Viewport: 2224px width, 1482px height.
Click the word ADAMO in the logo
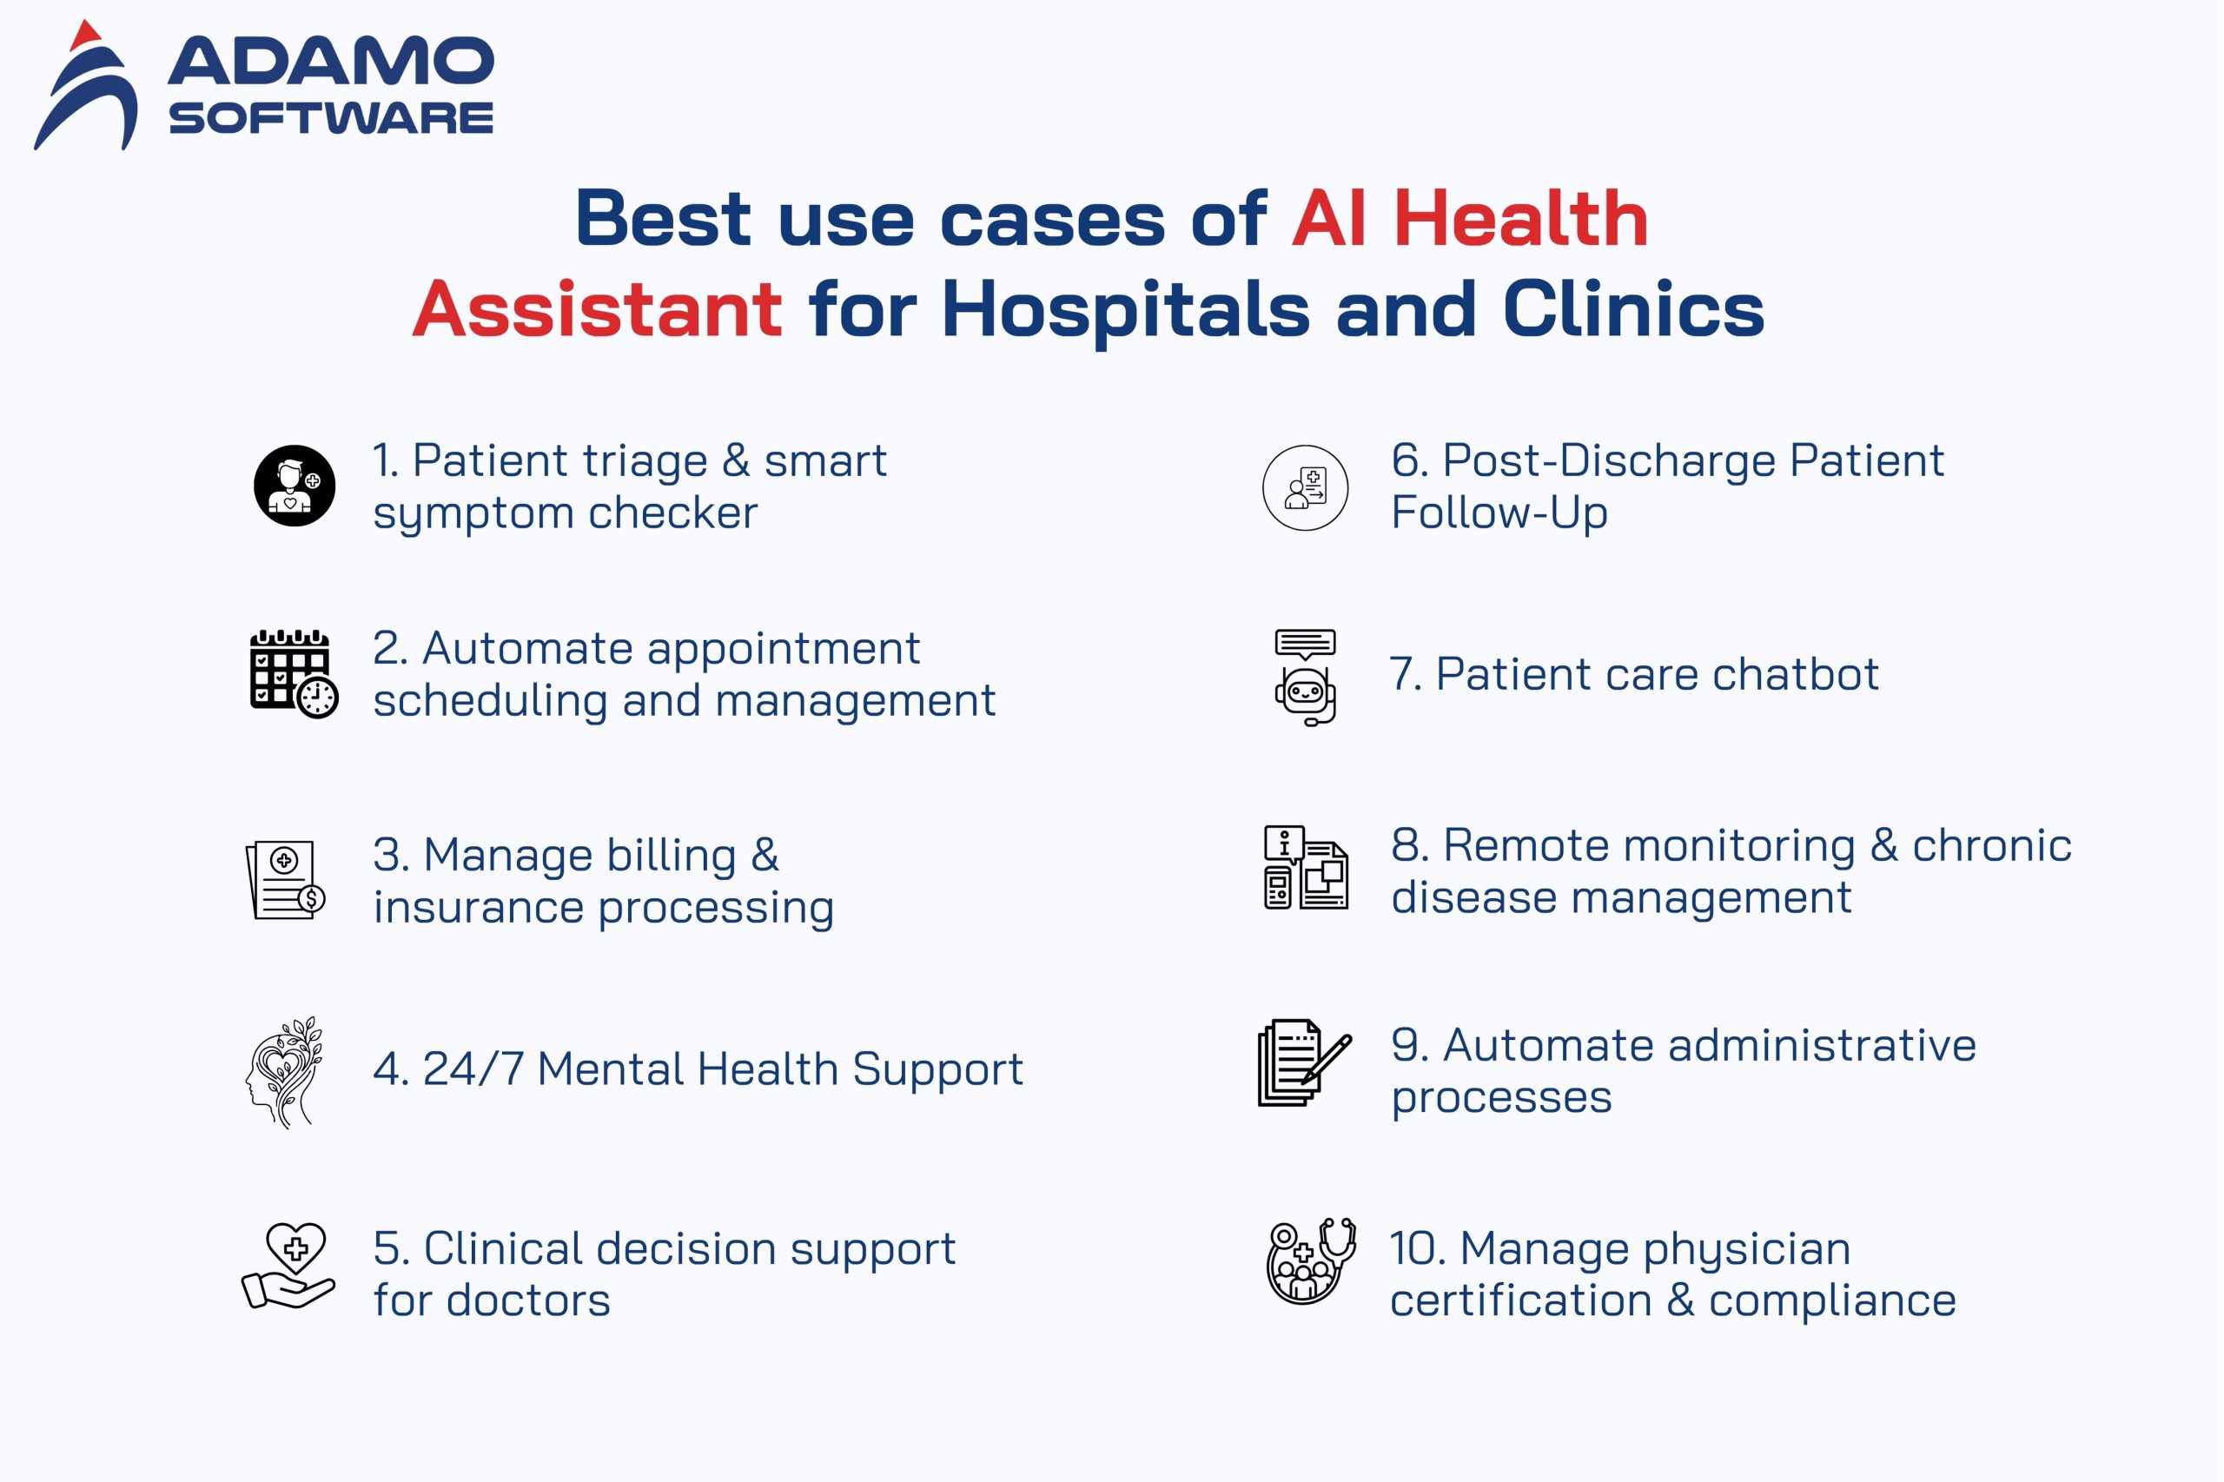(x=331, y=62)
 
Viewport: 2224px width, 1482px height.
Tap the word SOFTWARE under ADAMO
(x=331, y=118)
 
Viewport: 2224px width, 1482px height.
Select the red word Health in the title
(x=1521, y=219)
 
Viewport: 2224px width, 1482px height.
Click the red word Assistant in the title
(x=598, y=309)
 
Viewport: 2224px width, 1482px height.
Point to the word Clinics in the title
(x=1633, y=309)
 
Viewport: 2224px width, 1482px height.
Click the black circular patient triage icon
(x=295, y=486)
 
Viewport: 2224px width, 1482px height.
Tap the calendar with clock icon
(x=293, y=673)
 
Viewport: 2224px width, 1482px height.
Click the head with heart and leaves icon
(x=284, y=1072)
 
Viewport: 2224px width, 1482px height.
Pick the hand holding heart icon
(x=288, y=1266)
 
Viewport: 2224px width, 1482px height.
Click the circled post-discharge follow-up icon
(x=1305, y=487)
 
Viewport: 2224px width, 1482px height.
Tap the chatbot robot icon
(x=1305, y=677)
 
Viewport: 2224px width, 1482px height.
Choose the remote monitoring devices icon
(x=1305, y=868)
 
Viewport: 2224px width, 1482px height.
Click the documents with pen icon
(x=1303, y=1062)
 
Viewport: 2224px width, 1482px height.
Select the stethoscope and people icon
(x=1310, y=1260)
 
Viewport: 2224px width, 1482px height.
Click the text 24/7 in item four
(x=473, y=1070)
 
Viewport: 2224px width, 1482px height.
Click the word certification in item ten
(x=1519, y=1300)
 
